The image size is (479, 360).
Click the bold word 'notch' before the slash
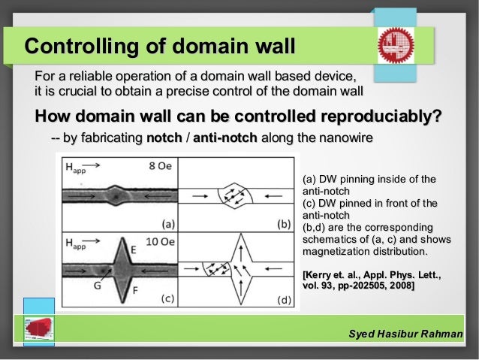[x=164, y=139]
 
